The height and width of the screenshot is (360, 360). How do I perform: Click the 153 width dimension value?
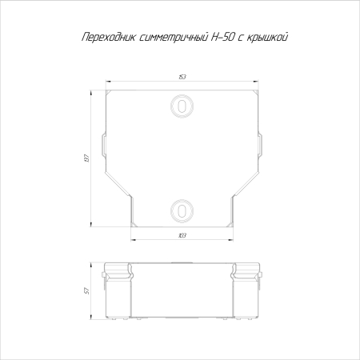182,78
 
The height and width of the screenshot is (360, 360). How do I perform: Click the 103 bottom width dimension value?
182,235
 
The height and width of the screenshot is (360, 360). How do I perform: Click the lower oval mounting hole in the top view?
182,210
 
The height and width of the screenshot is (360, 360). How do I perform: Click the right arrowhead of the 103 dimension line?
233,239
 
